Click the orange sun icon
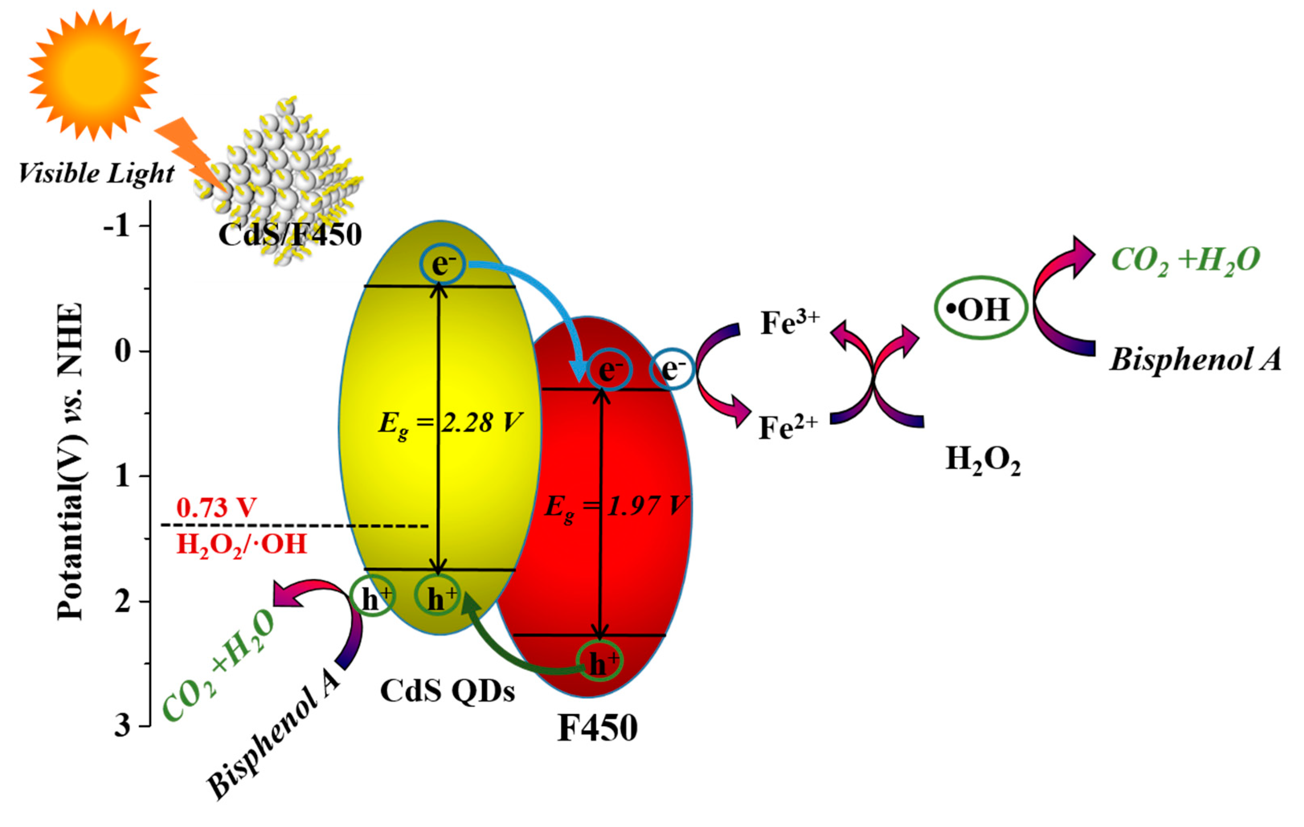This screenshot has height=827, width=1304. pyautogui.click(x=93, y=75)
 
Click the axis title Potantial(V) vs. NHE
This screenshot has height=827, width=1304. pyautogui.click(x=70, y=460)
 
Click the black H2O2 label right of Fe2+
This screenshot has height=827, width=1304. pyautogui.click(x=982, y=461)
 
